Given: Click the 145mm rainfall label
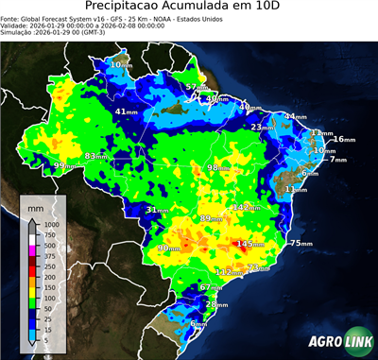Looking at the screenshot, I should click(x=249, y=244).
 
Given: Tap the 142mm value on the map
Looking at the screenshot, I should click(x=247, y=207).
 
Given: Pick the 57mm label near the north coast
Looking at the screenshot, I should click(x=196, y=87).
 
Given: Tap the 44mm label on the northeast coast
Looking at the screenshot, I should click(x=296, y=117).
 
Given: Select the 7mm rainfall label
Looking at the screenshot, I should click(x=337, y=160).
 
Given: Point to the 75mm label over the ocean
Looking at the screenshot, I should click(x=300, y=244).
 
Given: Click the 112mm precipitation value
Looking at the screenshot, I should click(x=228, y=272).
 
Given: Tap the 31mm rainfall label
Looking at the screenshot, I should click(x=157, y=210).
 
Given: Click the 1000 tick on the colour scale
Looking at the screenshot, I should click(x=48, y=225).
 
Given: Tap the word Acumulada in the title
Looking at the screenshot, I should click(x=198, y=9).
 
